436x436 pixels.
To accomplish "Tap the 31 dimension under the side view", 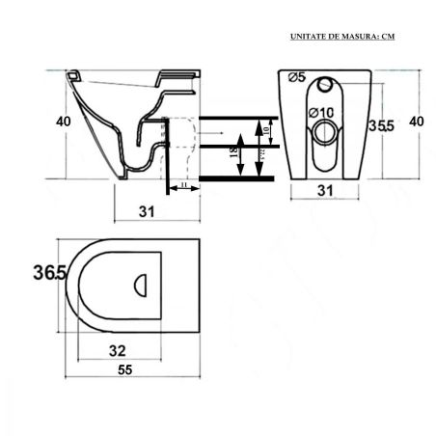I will tap(145, 209).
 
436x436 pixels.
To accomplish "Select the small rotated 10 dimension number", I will tap(267, 129).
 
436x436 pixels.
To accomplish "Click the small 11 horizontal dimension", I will tap(182, 182).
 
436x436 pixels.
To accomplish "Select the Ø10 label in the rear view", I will tap(320, 114).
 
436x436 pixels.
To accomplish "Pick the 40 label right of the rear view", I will tap(416, 122).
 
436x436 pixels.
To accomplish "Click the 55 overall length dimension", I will tap(126, 369).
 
